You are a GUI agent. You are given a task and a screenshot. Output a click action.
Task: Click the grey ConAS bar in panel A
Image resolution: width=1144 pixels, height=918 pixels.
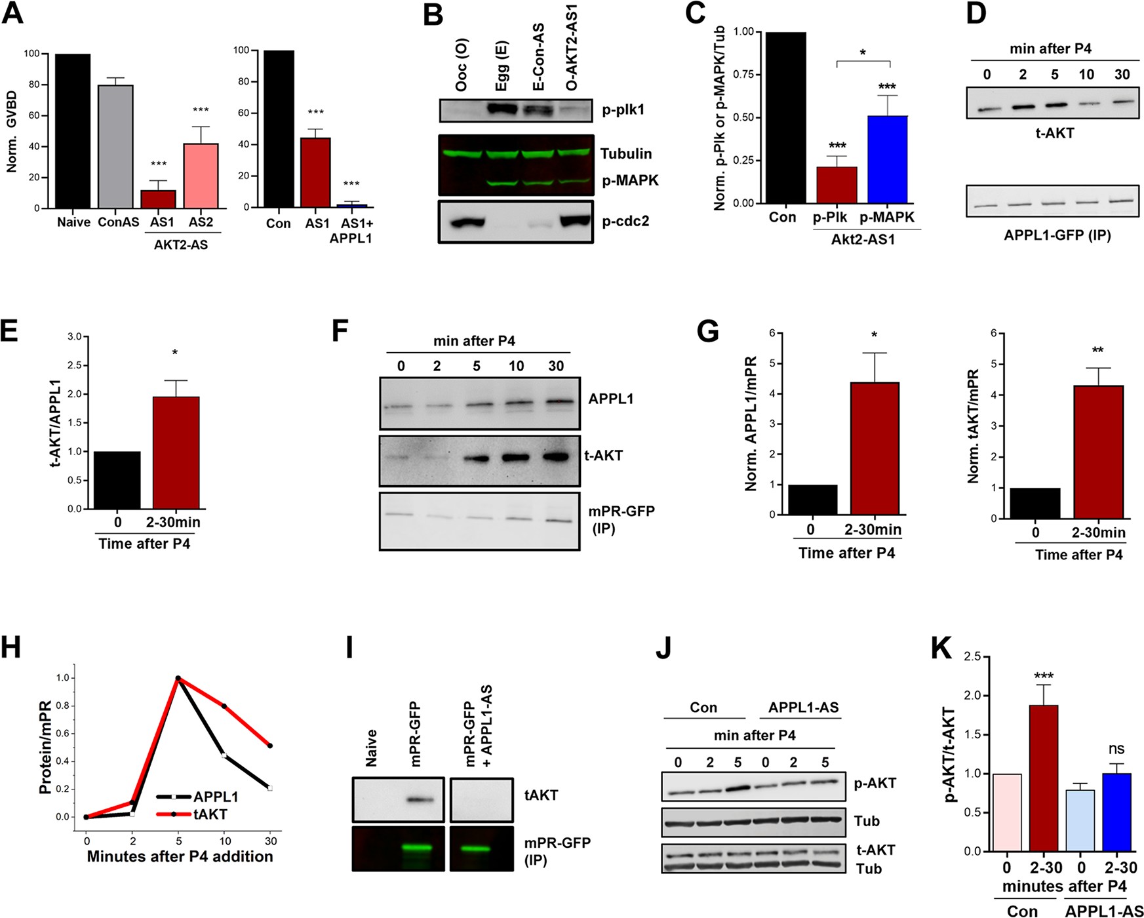click(115, 147)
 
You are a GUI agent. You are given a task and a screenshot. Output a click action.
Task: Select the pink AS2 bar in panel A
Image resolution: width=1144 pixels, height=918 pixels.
click(201, 176)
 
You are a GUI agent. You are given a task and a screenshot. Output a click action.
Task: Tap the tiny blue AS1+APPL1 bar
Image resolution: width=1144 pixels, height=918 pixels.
click(351, 205)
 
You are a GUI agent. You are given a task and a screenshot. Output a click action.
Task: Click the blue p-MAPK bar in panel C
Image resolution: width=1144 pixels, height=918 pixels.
click(887, 159)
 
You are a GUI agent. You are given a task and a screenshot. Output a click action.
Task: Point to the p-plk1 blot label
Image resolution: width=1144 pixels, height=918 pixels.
click(623, 110)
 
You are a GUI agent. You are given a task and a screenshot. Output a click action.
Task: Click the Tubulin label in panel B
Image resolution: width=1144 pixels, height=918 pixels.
click(626, 153)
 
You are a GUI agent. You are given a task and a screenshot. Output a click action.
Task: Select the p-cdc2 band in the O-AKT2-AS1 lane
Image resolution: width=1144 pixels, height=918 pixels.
click(575, 221)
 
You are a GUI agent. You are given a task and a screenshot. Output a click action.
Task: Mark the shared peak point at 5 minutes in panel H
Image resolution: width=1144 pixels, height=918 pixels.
click(178, 678)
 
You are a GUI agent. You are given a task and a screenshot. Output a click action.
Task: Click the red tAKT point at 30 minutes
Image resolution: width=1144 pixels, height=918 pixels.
click(270, 746)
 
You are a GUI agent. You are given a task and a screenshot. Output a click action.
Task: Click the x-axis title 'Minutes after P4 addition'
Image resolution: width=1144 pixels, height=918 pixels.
click(180, 856)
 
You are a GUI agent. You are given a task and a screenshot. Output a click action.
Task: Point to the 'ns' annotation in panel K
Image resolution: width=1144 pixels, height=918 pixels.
click(1116, 749)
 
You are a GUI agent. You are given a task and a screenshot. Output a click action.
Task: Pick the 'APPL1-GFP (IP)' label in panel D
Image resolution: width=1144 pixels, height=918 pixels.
click(1057, 234)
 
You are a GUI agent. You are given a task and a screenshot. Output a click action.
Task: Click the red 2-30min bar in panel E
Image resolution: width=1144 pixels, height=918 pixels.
click(176, 452)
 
